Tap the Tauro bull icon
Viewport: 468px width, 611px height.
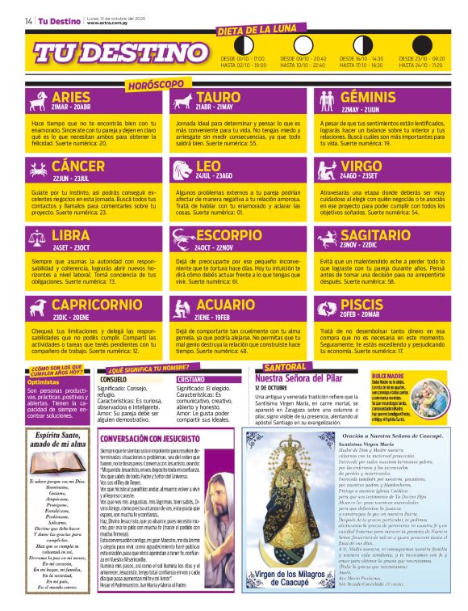tap(182, 101)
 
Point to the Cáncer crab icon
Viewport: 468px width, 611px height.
tap(39, 171)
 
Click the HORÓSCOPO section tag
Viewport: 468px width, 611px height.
tap(156, 84)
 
